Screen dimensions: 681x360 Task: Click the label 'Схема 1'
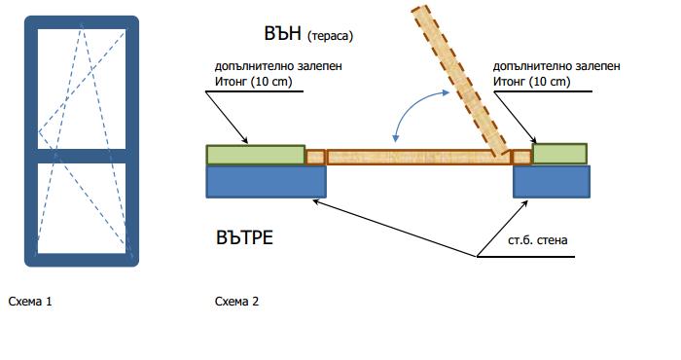point(30,301)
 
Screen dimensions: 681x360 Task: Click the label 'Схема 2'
point(236,301)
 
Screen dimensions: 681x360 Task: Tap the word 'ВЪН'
point(282,33)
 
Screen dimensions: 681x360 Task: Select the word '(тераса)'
point(330,36)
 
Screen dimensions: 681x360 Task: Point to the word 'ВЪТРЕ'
point(244,237)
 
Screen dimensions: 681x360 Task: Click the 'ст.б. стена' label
point(538,240)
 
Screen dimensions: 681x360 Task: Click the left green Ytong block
point(255,155)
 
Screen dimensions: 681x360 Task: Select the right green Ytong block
point(559,154)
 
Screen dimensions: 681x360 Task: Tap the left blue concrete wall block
point(266,182)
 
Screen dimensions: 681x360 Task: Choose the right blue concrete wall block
point(552,182)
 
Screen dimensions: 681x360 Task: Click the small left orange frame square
point(316,157)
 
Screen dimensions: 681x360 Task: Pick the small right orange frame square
point(521,157)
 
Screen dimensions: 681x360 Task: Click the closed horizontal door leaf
point(418,157)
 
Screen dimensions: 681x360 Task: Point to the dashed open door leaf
point(460,81)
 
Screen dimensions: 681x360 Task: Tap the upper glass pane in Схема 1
point(82,89)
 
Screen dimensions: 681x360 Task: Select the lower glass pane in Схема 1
point(82,208)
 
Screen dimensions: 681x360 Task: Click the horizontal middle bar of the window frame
point(82,157)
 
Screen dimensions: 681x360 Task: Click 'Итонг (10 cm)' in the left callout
point(254,81)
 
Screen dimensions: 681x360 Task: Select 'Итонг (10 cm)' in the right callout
point(531,81)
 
